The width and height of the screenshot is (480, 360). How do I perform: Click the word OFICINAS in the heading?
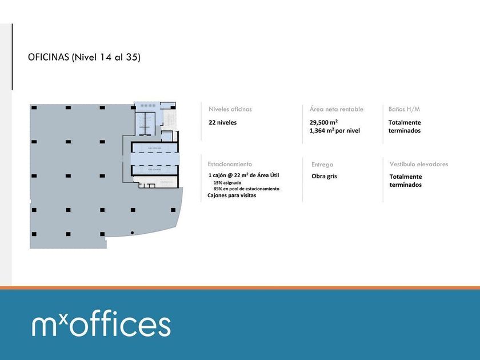(x=48, y=57)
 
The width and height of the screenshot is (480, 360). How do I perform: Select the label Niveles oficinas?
(x=230, y=109)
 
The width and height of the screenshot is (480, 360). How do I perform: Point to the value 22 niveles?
(x=222, y=122)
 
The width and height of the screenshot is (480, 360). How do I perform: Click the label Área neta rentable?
(x=336, y=109)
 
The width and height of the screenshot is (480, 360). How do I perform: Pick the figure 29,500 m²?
(x=323, y=122)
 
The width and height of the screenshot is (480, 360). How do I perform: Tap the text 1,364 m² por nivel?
(x=334, y=131)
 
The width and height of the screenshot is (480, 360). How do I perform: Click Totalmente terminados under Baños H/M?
(x=405, y=126)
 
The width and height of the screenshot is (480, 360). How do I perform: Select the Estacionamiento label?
(x=230, y=164)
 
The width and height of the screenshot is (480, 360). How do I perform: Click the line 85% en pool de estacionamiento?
(x=246, y=189)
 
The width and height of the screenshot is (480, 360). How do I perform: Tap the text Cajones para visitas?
(x=231, y=195)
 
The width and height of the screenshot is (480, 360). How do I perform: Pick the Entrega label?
(x=322, y=165)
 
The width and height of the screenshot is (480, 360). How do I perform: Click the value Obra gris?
(x=324, y=176)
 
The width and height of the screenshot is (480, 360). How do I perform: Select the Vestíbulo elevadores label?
(x=419, y=164)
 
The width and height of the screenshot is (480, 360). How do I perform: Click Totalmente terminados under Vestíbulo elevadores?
(x=406, y=181)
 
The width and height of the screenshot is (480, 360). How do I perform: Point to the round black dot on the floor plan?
(x=132, y=233)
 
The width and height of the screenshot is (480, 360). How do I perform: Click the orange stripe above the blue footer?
(x=240, y=288)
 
